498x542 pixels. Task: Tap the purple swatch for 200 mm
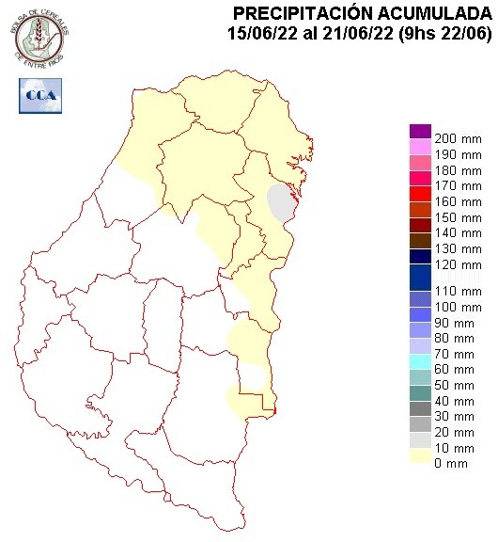click(420, 132)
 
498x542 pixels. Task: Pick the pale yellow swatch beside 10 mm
click(420, 454)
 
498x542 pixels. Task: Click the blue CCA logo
click(40, 95)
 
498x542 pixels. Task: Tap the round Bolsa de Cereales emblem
click(40, 35)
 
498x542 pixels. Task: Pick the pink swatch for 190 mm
click(420, 148)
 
